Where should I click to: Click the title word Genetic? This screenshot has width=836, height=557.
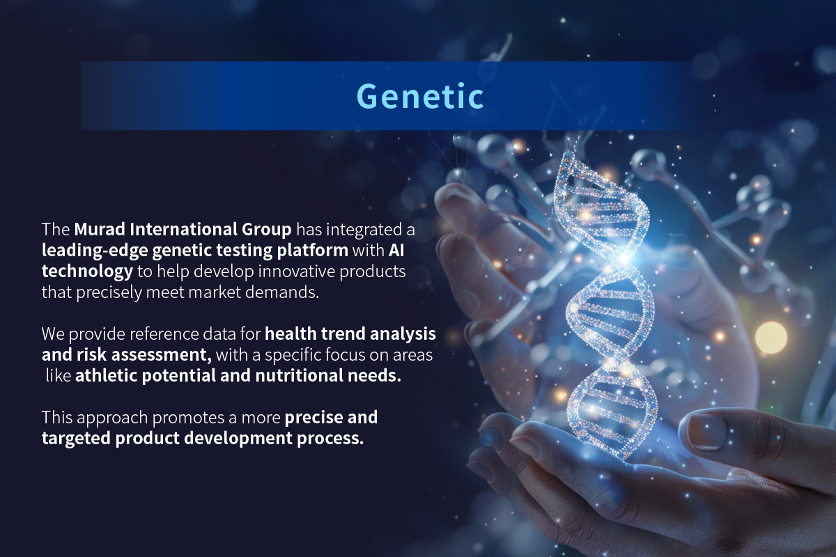420,97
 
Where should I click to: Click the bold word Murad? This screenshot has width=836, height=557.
99,229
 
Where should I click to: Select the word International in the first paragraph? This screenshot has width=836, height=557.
183,229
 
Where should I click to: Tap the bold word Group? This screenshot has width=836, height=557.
266,230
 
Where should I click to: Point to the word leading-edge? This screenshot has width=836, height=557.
95,251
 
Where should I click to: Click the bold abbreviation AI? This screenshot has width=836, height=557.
396,250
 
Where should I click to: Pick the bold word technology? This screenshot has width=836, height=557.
87,272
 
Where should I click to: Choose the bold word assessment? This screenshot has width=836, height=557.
162,355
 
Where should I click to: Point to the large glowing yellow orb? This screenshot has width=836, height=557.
771,337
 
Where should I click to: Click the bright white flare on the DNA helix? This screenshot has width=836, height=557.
624,257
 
